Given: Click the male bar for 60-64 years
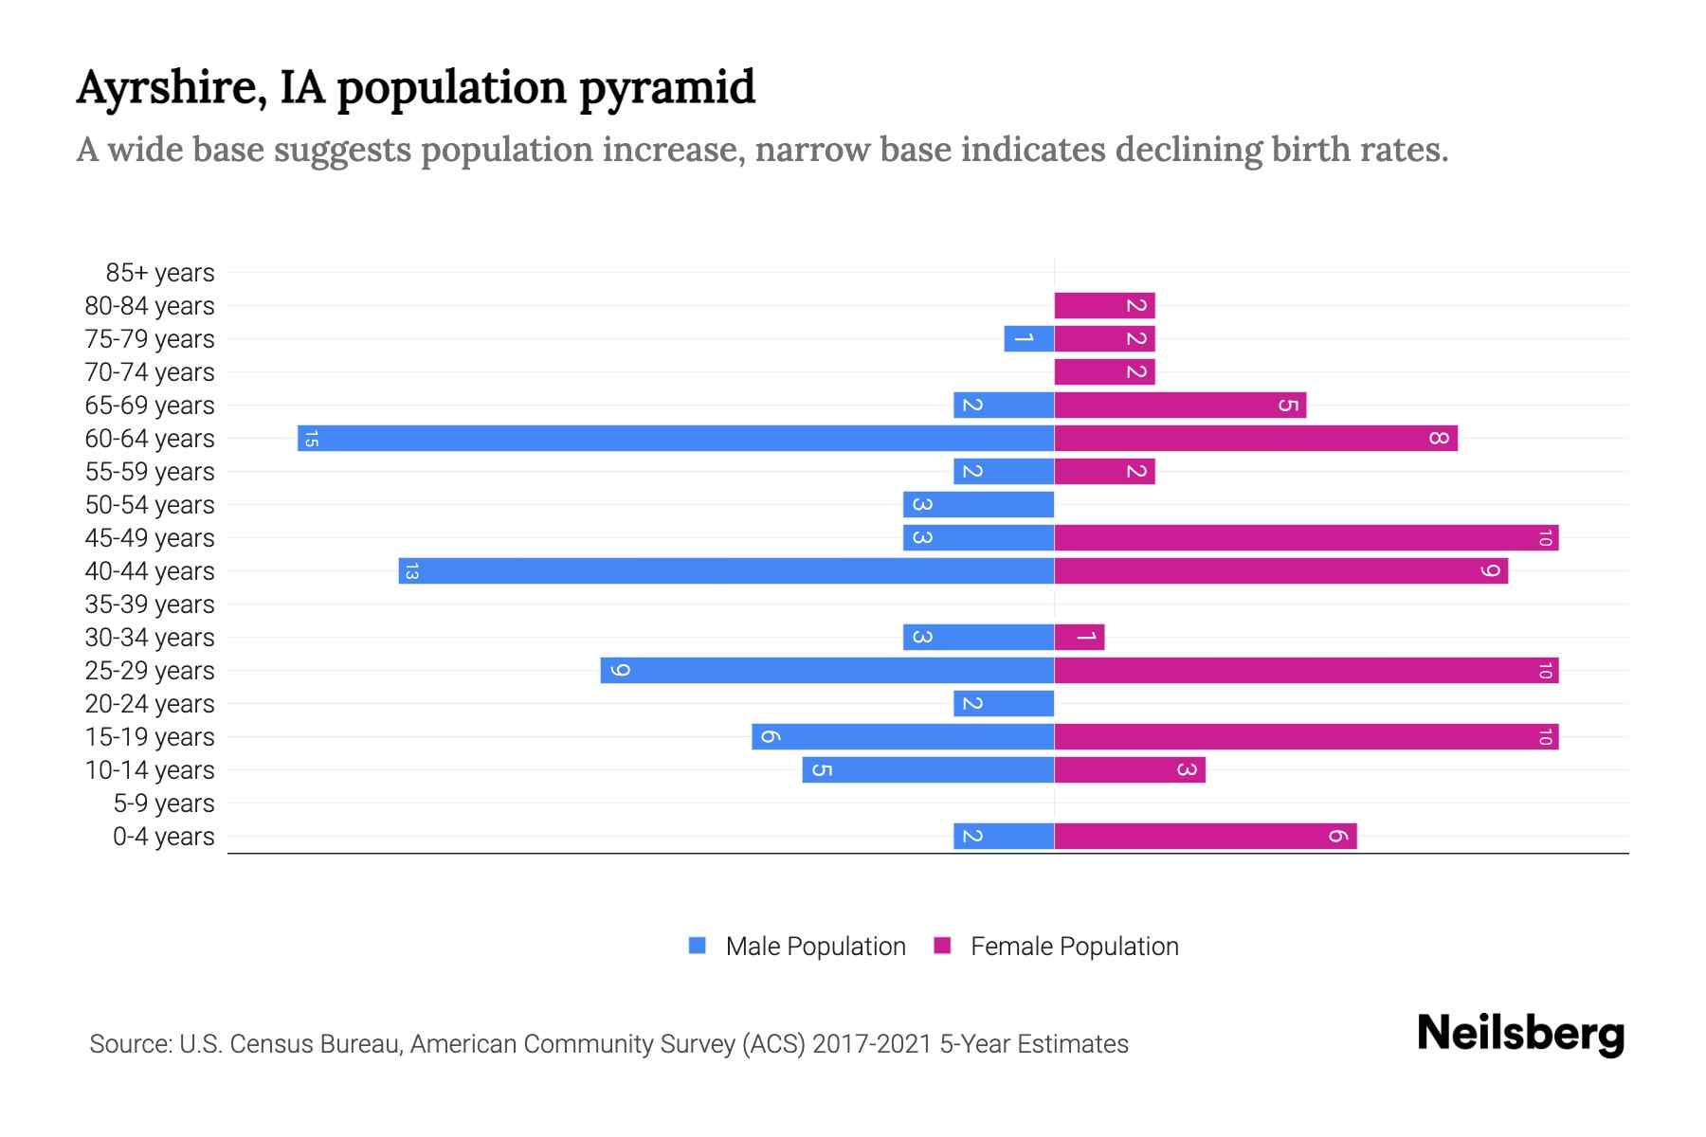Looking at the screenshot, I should point(676,439).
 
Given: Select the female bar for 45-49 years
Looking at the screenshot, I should point(1306,538).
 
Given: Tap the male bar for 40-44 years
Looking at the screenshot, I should point(726,571).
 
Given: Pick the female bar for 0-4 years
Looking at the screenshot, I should point(1206,837).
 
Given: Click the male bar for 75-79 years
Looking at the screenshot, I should point(1029,339).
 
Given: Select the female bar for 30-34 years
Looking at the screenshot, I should point(1080,638).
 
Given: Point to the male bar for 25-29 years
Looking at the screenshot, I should point(827,671).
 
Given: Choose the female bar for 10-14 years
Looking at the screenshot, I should point(1130,770).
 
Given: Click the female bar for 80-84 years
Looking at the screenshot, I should point(1104,306).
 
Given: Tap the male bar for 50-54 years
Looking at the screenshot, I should point(978,505).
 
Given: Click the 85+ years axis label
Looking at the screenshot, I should point(159,273).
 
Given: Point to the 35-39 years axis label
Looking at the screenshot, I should point(150,605).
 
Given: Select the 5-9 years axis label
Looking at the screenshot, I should point(163,803).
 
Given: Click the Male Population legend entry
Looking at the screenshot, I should point(815,947).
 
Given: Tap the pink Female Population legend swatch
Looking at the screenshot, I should point(942,946).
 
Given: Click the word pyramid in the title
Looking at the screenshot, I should point(666,88).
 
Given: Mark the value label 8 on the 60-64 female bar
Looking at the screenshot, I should point(1439,439).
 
